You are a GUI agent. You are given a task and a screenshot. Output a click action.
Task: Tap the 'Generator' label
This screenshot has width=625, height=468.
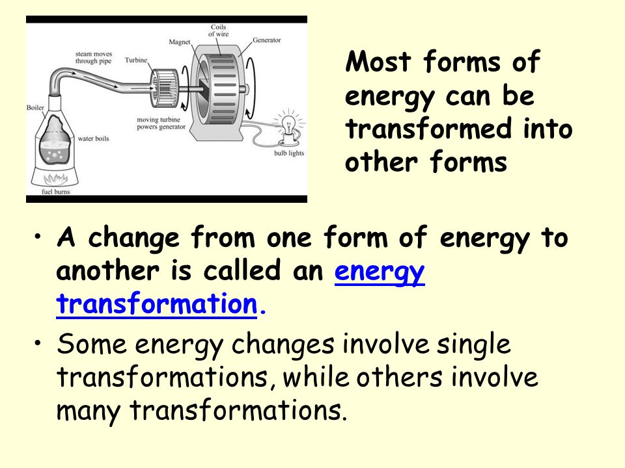pos(267,40)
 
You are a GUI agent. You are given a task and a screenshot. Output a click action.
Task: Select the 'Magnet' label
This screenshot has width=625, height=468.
pos(180,42)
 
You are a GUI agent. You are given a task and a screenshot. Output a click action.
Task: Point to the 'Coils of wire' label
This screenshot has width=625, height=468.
pos(219,31)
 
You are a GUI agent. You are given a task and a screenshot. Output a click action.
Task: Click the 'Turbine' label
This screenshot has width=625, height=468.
pos(136,60)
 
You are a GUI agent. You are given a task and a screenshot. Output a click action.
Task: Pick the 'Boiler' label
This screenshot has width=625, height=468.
pos(35,107)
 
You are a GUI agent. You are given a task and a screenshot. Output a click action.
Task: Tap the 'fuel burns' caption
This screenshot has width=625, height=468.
pos(56,192)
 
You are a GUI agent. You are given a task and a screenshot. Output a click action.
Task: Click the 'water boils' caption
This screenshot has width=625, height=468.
pos(93,138)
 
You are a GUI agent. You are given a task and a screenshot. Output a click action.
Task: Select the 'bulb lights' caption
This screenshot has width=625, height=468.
pos(289,153)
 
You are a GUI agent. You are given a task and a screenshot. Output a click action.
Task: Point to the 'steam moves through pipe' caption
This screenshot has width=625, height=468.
pos(94,57)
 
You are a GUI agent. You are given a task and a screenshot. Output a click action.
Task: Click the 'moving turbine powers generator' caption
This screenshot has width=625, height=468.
pos(161,123)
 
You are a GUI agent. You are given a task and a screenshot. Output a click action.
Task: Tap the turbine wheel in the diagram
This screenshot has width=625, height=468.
pos(164,88)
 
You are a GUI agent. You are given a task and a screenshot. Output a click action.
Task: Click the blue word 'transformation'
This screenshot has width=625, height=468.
pos(157,304)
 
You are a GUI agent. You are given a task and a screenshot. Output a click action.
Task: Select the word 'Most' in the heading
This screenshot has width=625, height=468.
pos(378,62)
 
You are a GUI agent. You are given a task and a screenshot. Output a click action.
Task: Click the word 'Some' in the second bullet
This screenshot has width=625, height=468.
pos(91,344)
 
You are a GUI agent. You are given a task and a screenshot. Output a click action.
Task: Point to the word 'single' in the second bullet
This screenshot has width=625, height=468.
pos(473,344)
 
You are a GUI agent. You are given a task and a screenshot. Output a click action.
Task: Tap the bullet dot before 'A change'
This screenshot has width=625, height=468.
pos(38,236)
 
